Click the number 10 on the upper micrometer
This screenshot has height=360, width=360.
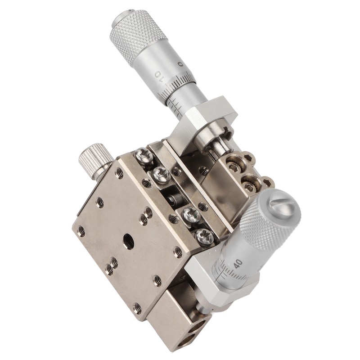[x=159, y=76]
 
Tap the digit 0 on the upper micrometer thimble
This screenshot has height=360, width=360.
[x=181, y=64]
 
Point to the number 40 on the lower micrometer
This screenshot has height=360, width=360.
[x=238, y=264]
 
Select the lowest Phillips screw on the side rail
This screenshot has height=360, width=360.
[x=204, y=237]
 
